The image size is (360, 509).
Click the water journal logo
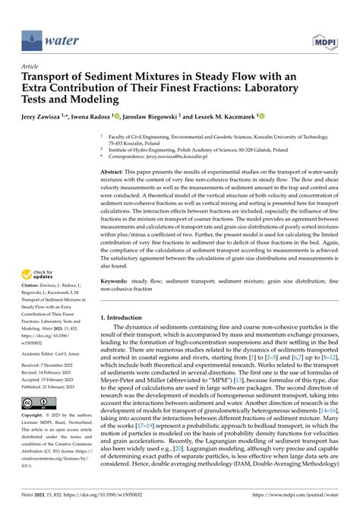[45, 36]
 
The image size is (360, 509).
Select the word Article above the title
[30, 66]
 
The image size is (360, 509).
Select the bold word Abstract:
[115, 173]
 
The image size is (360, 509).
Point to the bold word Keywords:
[118, 282]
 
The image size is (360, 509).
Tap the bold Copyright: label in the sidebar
[36, 416]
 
